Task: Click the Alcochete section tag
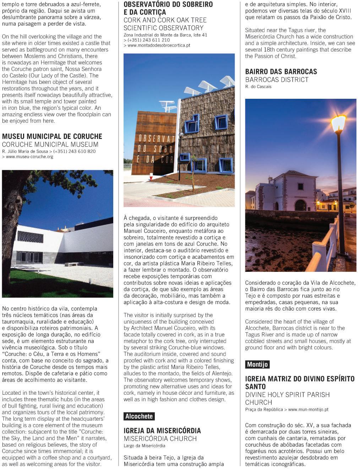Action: click(x=139, y=416)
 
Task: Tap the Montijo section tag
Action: click(x=257, y=364)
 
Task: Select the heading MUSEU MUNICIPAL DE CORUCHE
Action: click(x=52, y=136)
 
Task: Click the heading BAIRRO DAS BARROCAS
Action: click(x=281, y=71)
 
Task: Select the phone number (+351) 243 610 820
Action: click(x=75, y=151)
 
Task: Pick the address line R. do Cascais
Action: click(x=258, y=87)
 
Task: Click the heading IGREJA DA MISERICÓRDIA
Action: click(x=162, y=431)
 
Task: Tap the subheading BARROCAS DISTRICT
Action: click(x=277, y=80)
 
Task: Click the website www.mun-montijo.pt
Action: click(x=308, y=409)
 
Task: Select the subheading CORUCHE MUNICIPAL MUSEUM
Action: click(x=50, y=144)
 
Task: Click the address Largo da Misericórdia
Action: click(x=144, y=446)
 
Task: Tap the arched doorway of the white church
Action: click(x=300, y=205)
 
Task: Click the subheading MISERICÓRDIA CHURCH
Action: click(x=160, y=438)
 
